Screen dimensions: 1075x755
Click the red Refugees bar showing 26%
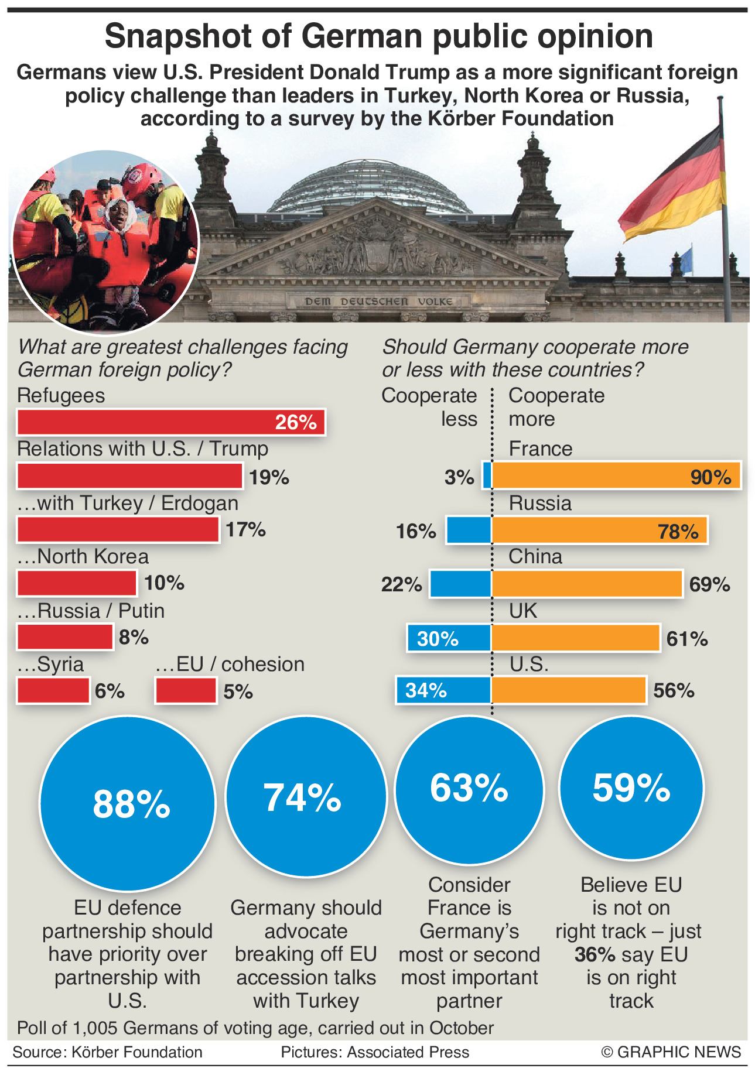(171, 422)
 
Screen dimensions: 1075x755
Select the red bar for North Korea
(77, 583)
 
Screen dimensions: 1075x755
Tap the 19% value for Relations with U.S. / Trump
(269, 478)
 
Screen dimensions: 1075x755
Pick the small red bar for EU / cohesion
(186, 691)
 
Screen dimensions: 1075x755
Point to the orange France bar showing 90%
(616, 475)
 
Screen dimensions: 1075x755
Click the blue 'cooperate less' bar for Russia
(469, 530)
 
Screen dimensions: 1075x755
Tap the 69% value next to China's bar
(709, 584)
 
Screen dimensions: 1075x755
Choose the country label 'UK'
(522, 611)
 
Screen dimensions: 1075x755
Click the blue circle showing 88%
(128, 803)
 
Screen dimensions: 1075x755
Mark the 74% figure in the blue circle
(302, 797)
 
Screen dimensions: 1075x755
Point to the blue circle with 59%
(631, 788)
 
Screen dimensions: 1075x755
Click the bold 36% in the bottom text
(595, 954)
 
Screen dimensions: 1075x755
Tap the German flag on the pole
(674, 187)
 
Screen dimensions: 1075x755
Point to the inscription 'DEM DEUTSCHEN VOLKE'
(378, 302)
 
